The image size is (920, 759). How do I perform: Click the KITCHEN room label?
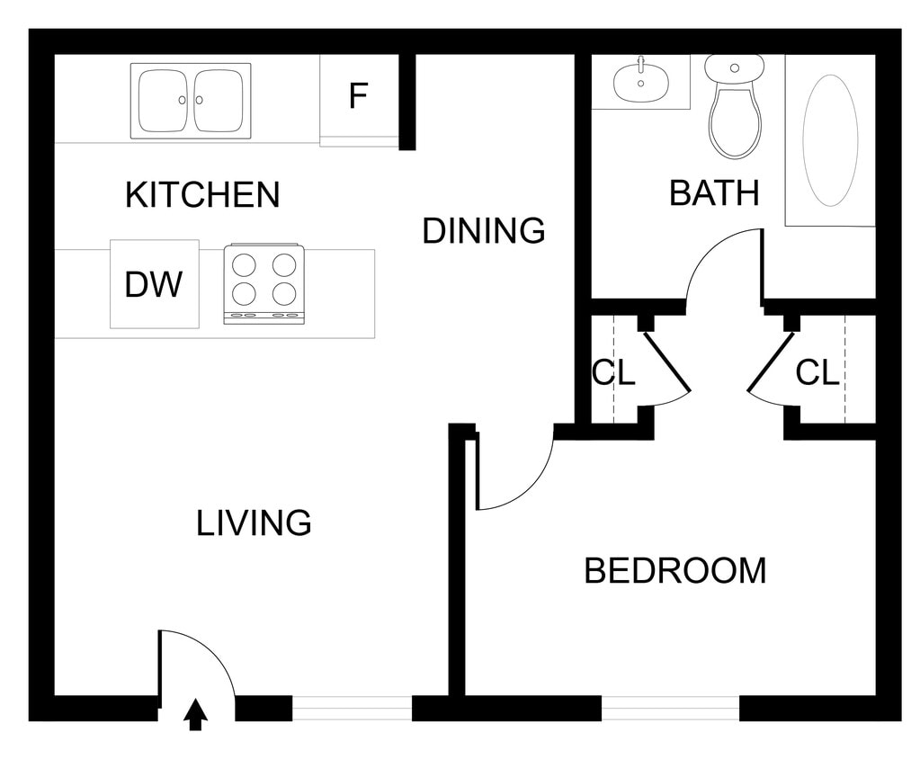(x=202, y=194)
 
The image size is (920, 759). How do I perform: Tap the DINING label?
(x=484, y=231)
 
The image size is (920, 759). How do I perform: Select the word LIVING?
(x=254, y=522)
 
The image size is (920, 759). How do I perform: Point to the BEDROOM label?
(x=674, y=571)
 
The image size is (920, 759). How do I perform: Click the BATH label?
(x=714, y=192)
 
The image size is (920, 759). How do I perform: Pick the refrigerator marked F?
(x=359, y=96)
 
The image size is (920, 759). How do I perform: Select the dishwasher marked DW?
(x=154, y=284)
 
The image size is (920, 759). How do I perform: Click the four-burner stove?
(x=263, y=282)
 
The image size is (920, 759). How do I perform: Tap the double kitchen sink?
(x=191, y=101)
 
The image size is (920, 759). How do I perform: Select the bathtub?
(x=830, y=139)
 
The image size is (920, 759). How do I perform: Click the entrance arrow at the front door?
(x=196, y=714)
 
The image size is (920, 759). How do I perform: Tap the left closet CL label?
(x=613, y=372)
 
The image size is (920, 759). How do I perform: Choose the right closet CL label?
(x=817, y=372)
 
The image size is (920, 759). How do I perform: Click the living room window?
(x=352, y=709)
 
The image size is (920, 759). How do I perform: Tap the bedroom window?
(x=670, y=709)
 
